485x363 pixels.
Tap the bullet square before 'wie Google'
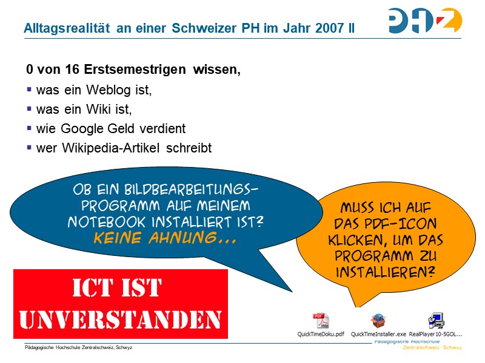point(29,128)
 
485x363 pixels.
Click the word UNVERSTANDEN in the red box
point(121,318)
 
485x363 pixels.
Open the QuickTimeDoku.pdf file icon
point(320,321)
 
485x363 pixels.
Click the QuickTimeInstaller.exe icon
point(378,321)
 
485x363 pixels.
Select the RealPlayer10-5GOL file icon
point(435,321)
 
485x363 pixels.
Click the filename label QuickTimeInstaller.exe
point(378,334)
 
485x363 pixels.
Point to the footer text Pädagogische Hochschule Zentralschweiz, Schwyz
point(79,348)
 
